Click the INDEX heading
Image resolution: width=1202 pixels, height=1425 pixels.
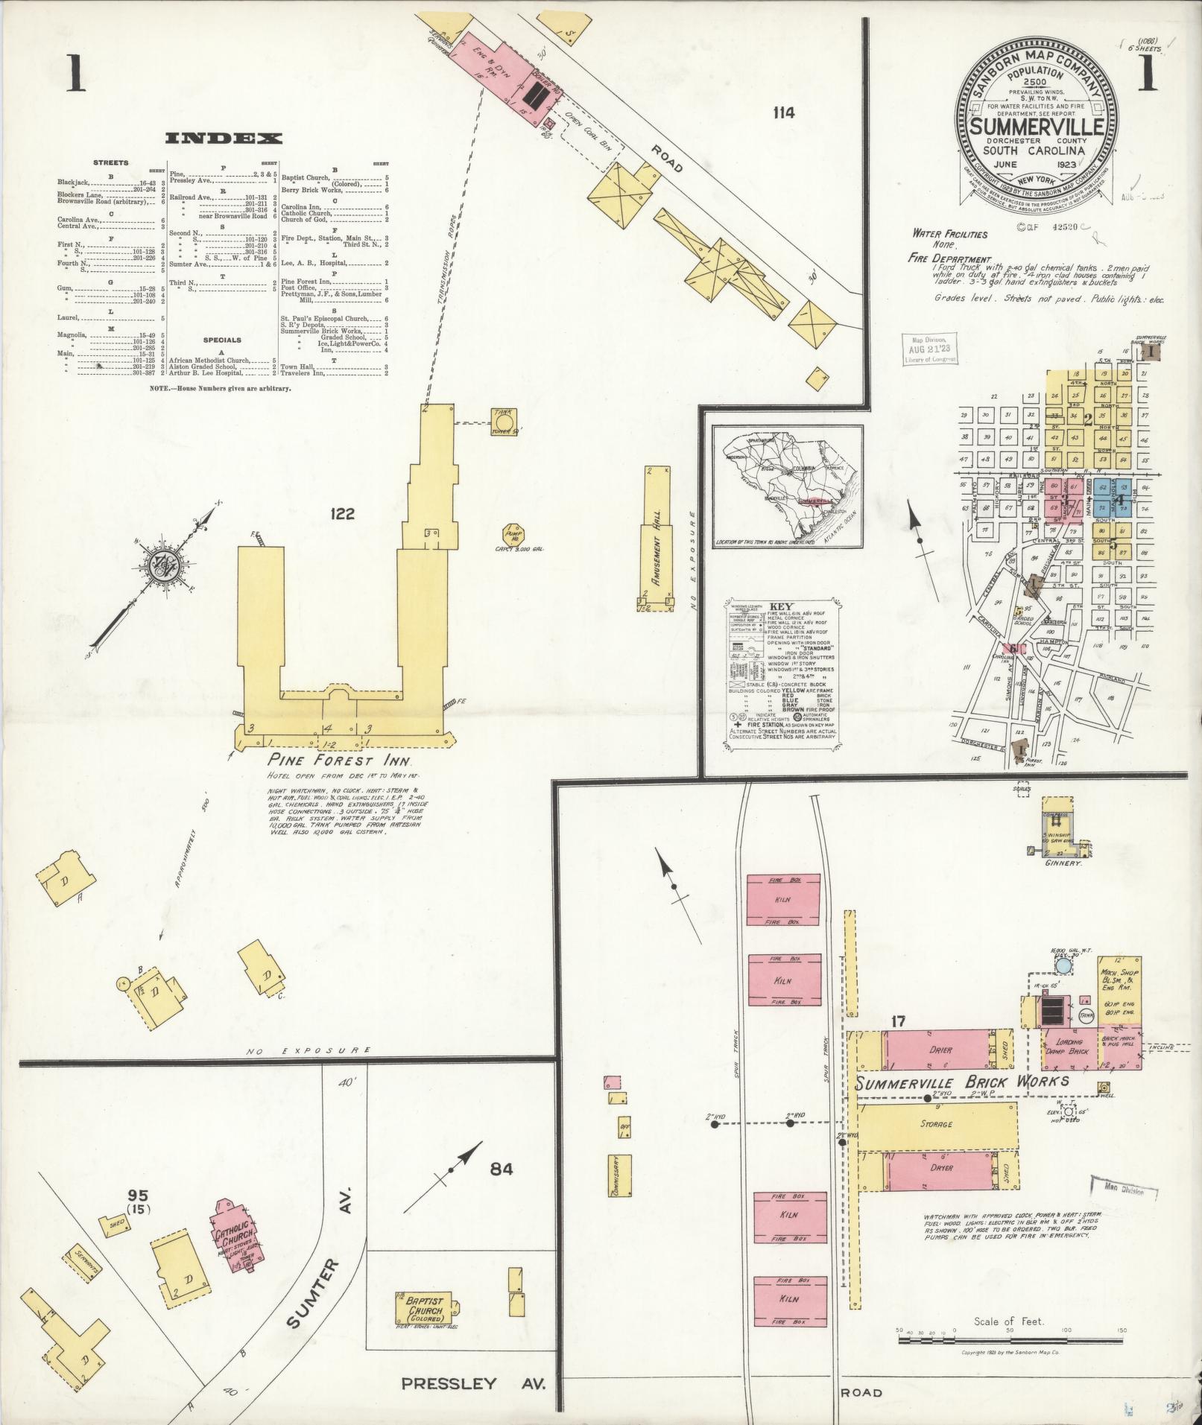tap(224, 138)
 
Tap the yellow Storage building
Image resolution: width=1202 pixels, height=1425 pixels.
tap(936, 1124)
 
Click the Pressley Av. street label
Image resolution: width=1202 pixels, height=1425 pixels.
tap(473, 1384)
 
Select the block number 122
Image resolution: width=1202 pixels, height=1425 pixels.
tap(339, 514)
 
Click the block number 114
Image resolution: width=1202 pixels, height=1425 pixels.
tap(783, 113)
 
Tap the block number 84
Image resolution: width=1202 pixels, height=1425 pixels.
tap(502, 1169)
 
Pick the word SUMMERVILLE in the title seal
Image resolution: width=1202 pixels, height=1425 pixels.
tap(1037, 126)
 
